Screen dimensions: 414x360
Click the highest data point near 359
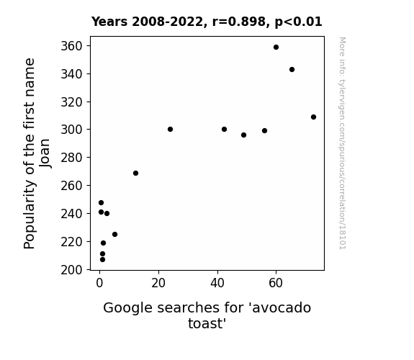276,48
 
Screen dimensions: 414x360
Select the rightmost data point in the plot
313,117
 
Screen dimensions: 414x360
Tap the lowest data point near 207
102,260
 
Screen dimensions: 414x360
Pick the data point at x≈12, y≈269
135,174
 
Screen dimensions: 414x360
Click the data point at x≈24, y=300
171,129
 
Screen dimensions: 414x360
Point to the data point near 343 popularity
292,69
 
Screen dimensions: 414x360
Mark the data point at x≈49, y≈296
243,135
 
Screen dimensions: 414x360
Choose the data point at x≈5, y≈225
115,234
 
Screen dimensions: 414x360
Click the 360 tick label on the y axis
72,46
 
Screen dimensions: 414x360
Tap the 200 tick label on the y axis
72,270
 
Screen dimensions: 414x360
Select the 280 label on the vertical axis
72,158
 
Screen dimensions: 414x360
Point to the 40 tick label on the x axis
217,283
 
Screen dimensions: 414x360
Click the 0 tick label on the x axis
99,283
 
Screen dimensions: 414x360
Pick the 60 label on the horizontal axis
276,283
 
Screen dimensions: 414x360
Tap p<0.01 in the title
298,22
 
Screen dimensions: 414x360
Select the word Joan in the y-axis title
45,153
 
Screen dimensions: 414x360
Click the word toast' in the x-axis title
207,323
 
